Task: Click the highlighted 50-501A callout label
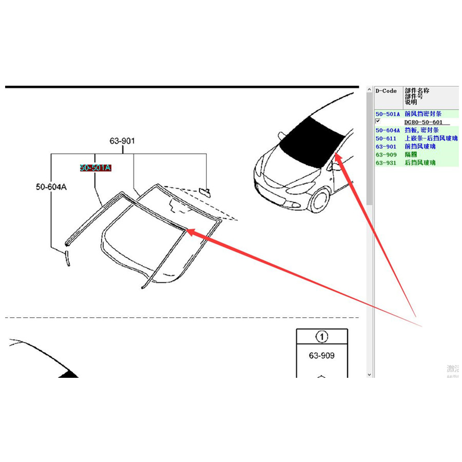coord(95,167)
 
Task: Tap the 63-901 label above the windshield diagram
coord(122,141)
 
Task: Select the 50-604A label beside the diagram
coord(51,187)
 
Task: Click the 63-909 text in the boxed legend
coord(322,355)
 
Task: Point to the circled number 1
coord(322,337)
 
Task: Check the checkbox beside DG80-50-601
coord(378,121)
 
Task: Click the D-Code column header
coord(386,91)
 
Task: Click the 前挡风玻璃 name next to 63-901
coord(420,146)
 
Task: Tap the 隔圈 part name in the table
coord(411,155)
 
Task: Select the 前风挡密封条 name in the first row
coord(423,114)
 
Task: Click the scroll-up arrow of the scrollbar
coord(369,90)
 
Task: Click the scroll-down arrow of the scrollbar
coord(369,375)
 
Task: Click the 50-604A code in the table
coord(387,130)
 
